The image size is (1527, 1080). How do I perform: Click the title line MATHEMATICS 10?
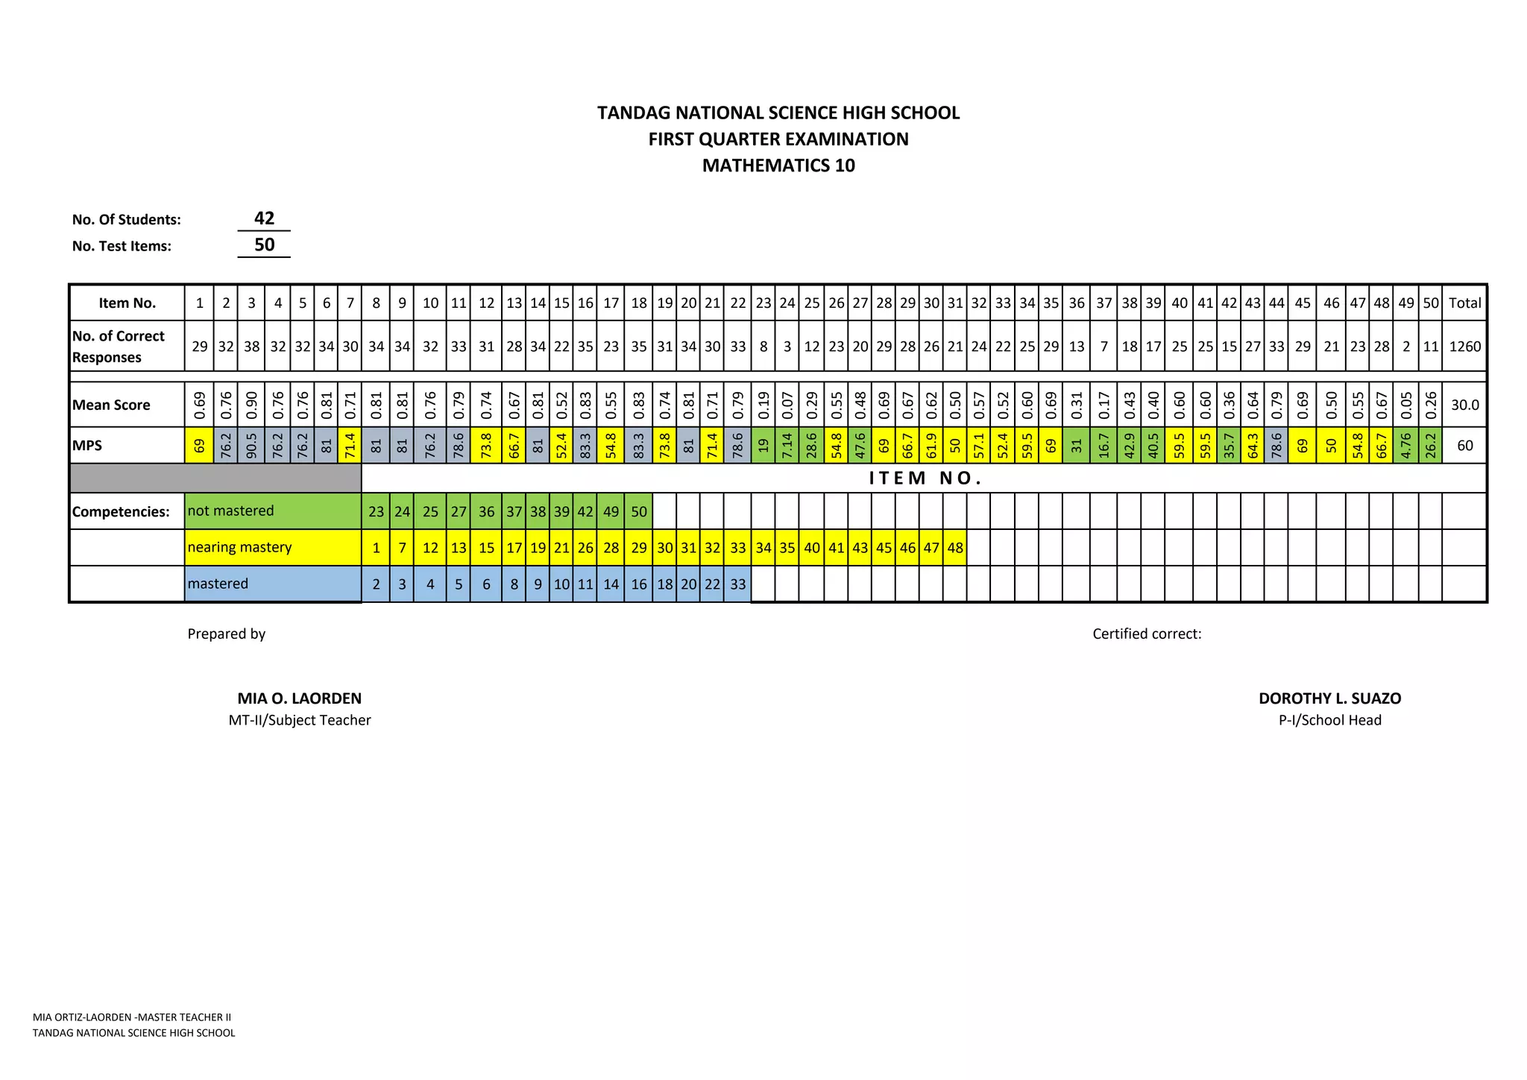[x=778, y=165]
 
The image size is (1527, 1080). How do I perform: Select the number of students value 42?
[x=264, y=218]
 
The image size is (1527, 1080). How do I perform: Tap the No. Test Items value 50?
[x=264, y=245]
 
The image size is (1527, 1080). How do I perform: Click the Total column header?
[x=1464, y=303]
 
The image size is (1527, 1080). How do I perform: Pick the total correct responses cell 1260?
[x=1464, y=346]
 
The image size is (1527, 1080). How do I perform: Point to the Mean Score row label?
[x=111, y=405]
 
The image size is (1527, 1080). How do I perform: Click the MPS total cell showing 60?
[x=1464, y=446]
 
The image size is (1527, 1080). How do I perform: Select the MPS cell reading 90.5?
[x=251, y=446]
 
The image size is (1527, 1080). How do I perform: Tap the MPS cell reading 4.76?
[x=1405, y=446]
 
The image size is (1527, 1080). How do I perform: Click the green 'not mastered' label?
[x=230, y=511]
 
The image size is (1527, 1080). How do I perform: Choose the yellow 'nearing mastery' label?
[x=239, y=547]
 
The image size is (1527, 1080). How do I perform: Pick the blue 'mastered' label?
[x=218, y=584]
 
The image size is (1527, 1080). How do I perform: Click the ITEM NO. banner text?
[x=925, y=479]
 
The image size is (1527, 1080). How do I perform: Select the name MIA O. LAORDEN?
[x=299, y=698]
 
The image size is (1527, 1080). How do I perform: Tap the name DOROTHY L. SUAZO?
[x=1329, y=698]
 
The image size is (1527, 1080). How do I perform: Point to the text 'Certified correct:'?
[x=1147, y=634]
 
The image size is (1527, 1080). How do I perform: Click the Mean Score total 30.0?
[x=1464, y=405]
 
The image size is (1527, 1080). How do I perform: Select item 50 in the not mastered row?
[x=639, y=512]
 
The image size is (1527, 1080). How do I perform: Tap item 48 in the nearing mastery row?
[x=955, y=548]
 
